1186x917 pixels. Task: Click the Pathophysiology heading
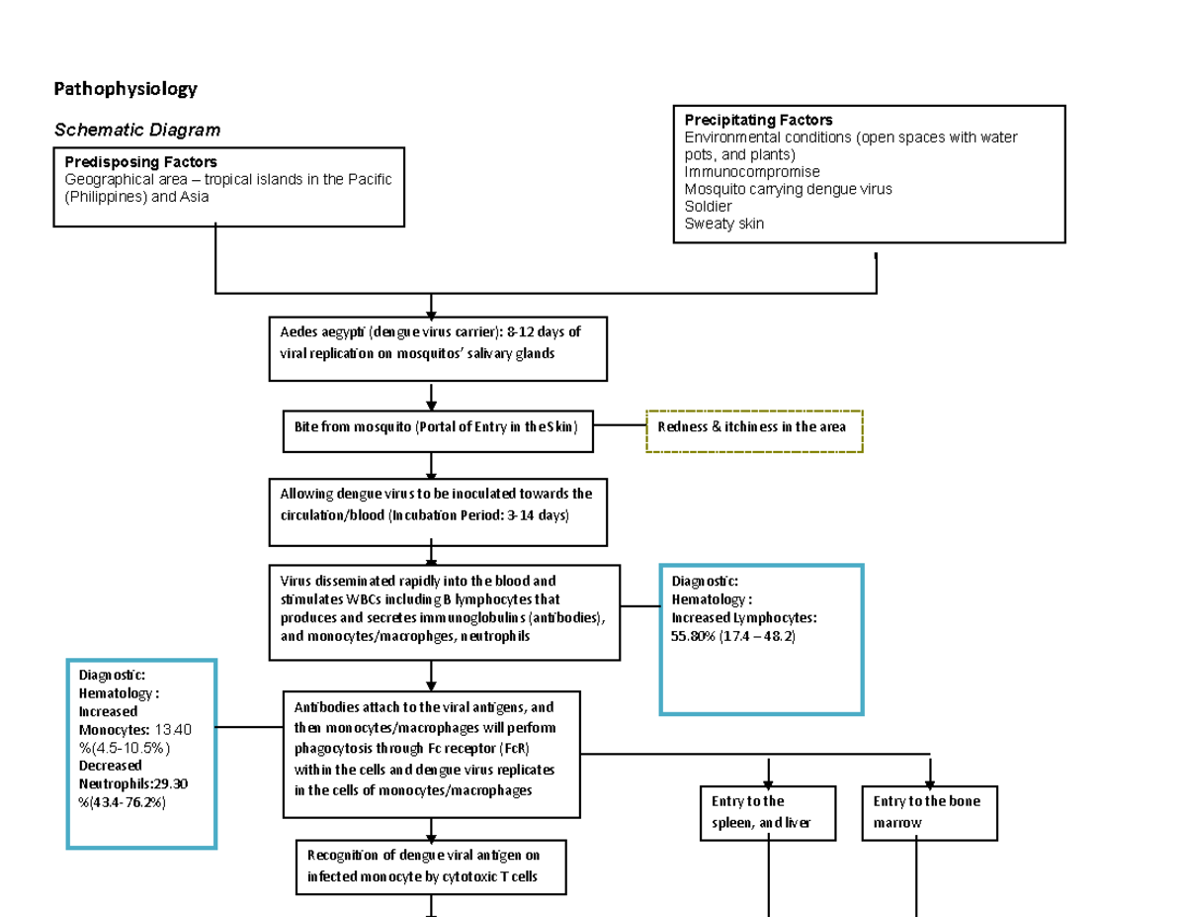pos(125,89)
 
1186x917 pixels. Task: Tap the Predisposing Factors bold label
pos(141,161)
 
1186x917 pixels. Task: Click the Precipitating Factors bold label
pos(758,121)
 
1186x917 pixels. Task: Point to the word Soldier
pos(709,207)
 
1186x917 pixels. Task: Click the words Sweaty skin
pos(723,224)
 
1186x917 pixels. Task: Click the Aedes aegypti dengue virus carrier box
pos(438,348)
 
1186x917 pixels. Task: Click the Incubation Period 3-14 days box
pos(438,511)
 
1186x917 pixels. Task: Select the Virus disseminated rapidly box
pos(445,612)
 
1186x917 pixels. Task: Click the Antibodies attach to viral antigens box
pos(431,754)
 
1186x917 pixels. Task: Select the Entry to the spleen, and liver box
pos(767,812)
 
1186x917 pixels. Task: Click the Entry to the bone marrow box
pos(929,812)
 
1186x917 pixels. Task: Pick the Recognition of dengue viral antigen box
pos(431,867)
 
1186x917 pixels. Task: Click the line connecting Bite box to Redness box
pos(620,425)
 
